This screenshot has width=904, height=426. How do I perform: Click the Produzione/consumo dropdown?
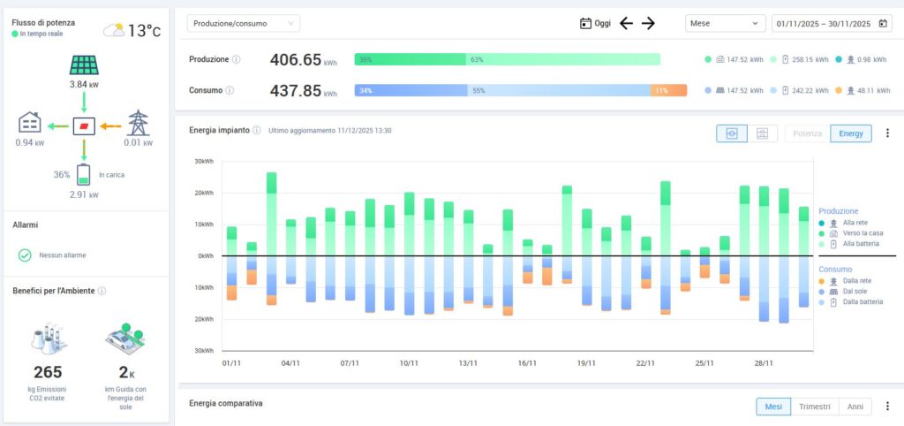click(243, 23)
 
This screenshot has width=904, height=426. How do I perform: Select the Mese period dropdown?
click(725, 24)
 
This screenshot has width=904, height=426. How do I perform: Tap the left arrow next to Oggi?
click(626, 24)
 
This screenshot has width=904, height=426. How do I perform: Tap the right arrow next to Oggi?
click(648, 24)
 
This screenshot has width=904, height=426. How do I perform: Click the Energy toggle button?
click(851, 133)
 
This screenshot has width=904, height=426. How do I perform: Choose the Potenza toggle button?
click(807, 133)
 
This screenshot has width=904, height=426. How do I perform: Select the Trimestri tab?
click(815, 407)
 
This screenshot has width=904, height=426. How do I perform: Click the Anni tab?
click(855, 407)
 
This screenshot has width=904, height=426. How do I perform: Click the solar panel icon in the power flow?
click(84, 65)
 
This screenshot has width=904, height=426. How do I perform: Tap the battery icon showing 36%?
click(84, 174)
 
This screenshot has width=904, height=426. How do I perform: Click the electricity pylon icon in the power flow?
click(139, 122)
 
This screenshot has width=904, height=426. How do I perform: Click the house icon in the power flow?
click(29, 122)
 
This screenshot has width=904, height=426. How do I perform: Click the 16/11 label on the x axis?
click(527, 362)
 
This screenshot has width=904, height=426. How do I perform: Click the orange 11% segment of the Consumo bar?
click(669, 90)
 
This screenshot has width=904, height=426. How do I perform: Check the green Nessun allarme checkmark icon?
click(25, 255)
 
